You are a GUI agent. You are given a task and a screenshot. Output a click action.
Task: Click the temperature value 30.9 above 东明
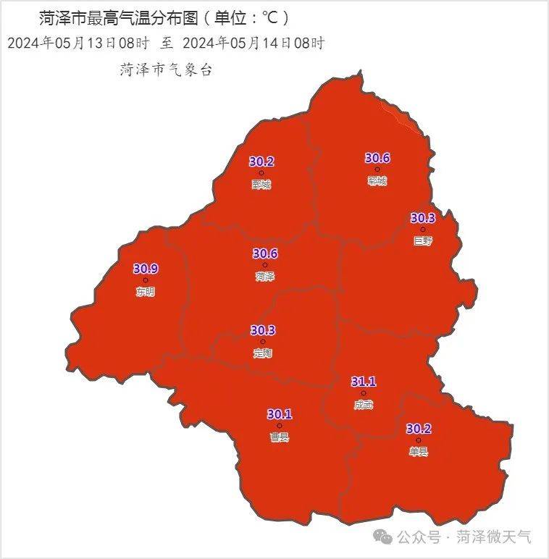[146, 269]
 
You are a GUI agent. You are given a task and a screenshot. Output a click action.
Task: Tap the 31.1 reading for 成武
[364, 382]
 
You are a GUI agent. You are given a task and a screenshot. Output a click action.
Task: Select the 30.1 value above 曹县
[280, 414]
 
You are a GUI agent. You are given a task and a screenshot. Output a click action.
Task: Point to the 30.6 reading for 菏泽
[265, 253]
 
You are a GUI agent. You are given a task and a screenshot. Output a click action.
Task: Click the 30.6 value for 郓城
[377, 158]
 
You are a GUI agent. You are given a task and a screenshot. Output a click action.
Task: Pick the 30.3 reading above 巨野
[423, 218]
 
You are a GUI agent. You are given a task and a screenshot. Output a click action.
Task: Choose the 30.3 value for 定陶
[263, 330]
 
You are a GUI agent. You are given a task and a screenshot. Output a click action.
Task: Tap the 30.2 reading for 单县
[419, 429]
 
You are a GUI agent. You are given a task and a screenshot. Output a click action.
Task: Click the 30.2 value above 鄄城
[261, 161]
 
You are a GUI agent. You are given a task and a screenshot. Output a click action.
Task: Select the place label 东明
[145, 292]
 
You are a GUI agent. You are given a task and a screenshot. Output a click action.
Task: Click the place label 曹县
[279, 437]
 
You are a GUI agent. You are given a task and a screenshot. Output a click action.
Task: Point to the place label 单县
[419, 451]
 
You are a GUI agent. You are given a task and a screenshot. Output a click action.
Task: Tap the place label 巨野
[422, 241]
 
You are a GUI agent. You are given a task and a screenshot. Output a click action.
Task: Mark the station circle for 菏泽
[264, 265]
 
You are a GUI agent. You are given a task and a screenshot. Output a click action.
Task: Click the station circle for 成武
[364, 393]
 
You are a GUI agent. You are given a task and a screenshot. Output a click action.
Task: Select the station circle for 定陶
[263, 342]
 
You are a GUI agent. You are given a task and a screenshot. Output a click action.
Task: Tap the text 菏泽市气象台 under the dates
[166, 70]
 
